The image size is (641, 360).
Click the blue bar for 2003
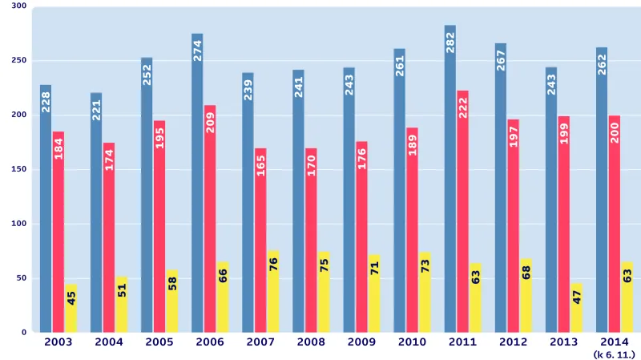pos(46,208)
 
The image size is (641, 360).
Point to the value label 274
pos(198,51)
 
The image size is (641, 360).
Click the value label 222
pos(463,107)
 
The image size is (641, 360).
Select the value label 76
pos(273,265)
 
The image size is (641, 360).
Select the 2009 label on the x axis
pos(361,342)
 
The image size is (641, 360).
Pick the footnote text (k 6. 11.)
pos(615,354)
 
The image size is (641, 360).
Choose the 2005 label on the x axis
pos(159,342)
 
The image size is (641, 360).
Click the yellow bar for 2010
pos(425,292)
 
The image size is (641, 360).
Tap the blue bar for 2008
pos(298,200)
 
